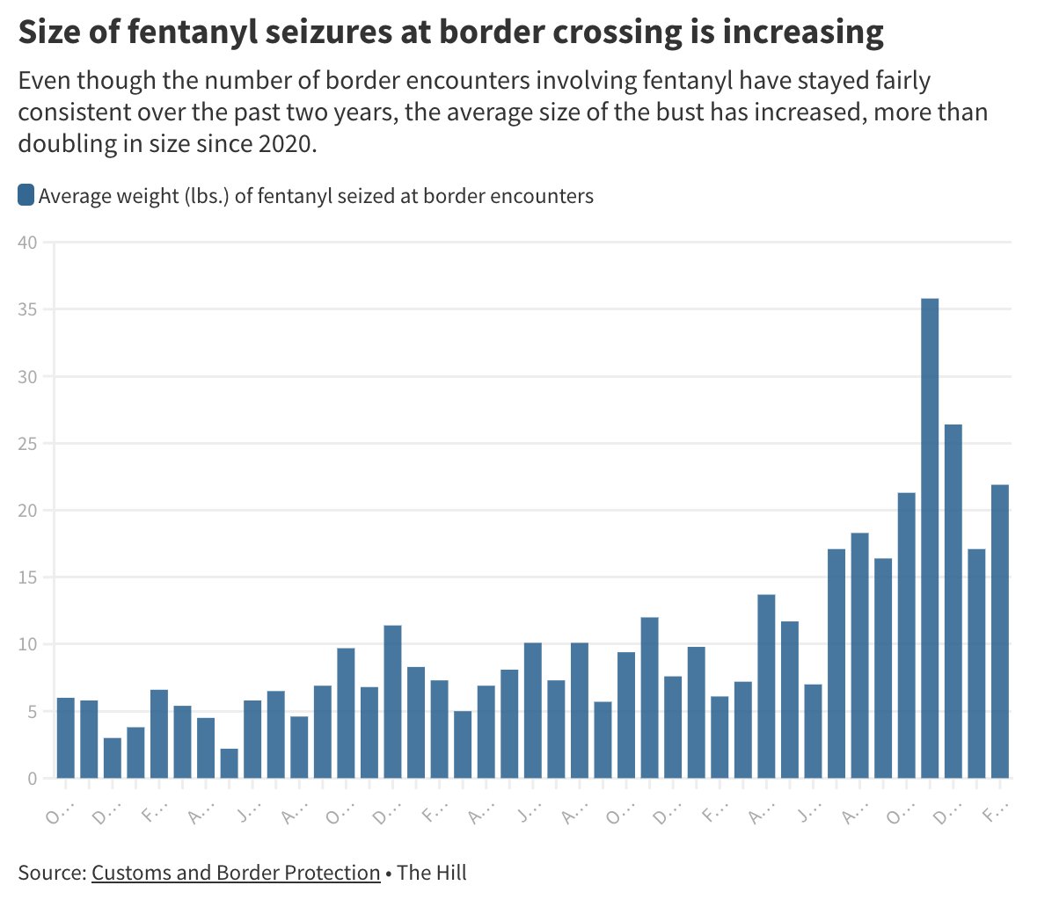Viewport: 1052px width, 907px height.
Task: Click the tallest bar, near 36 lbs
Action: coord(929,538)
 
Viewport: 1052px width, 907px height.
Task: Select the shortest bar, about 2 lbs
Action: coord(229,763)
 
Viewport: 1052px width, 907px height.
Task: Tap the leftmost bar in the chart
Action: coord(65,737)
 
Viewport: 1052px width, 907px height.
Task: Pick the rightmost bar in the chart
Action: coord(999,631)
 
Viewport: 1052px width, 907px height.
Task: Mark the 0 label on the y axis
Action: coord(32,779)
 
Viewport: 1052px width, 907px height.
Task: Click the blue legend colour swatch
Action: coord(26,195)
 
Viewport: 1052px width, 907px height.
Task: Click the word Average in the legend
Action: coord(72,196)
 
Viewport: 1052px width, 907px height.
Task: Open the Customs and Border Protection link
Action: coord(236,873)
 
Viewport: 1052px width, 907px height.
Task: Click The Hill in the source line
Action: coord(432,873)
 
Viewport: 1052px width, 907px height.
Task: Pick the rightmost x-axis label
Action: coord(991,815)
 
